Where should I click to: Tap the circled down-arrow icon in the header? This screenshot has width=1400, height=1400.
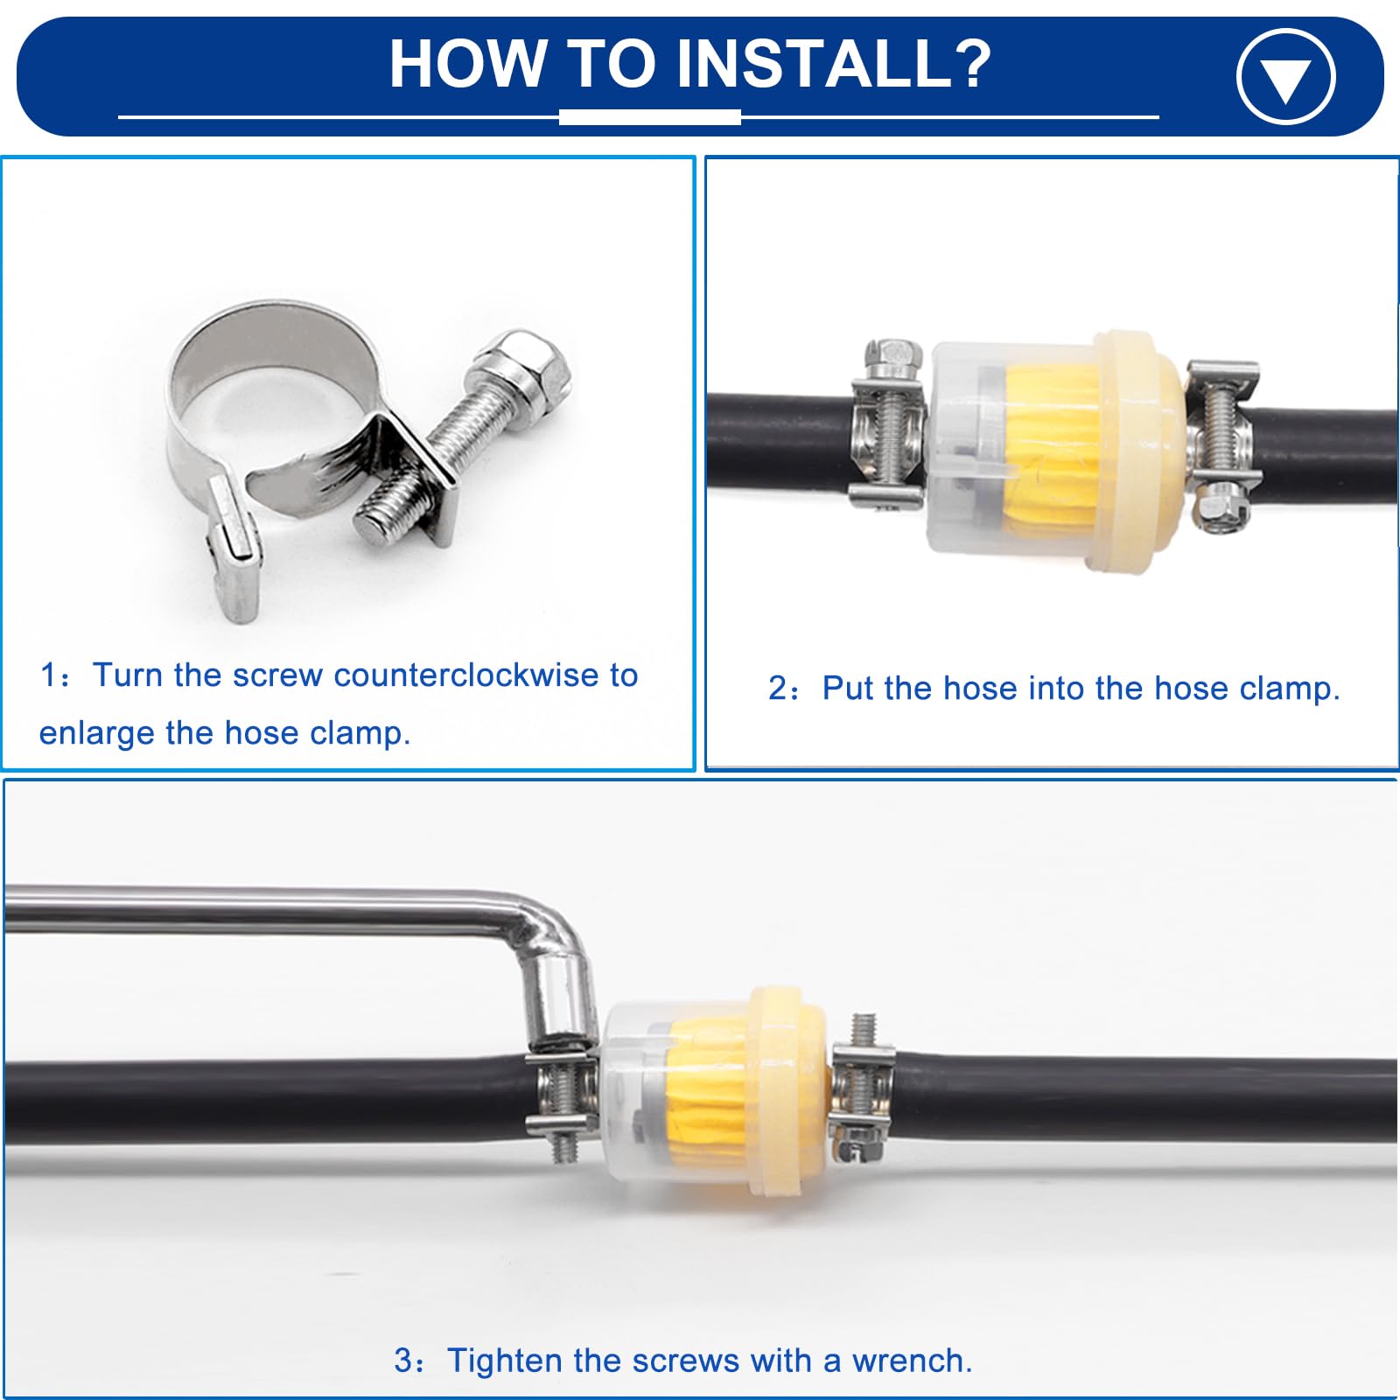tap(1285, 76)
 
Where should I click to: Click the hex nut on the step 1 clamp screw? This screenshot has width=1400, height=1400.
tap(522, 365)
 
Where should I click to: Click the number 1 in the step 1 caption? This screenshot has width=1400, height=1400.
tap(48, 675)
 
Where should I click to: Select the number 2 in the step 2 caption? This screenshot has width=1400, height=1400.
tap(778, 689)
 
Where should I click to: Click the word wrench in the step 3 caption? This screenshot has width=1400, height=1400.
tap(912, 1361)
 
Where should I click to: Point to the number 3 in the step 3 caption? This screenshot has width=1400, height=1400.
tap(402, 1361)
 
